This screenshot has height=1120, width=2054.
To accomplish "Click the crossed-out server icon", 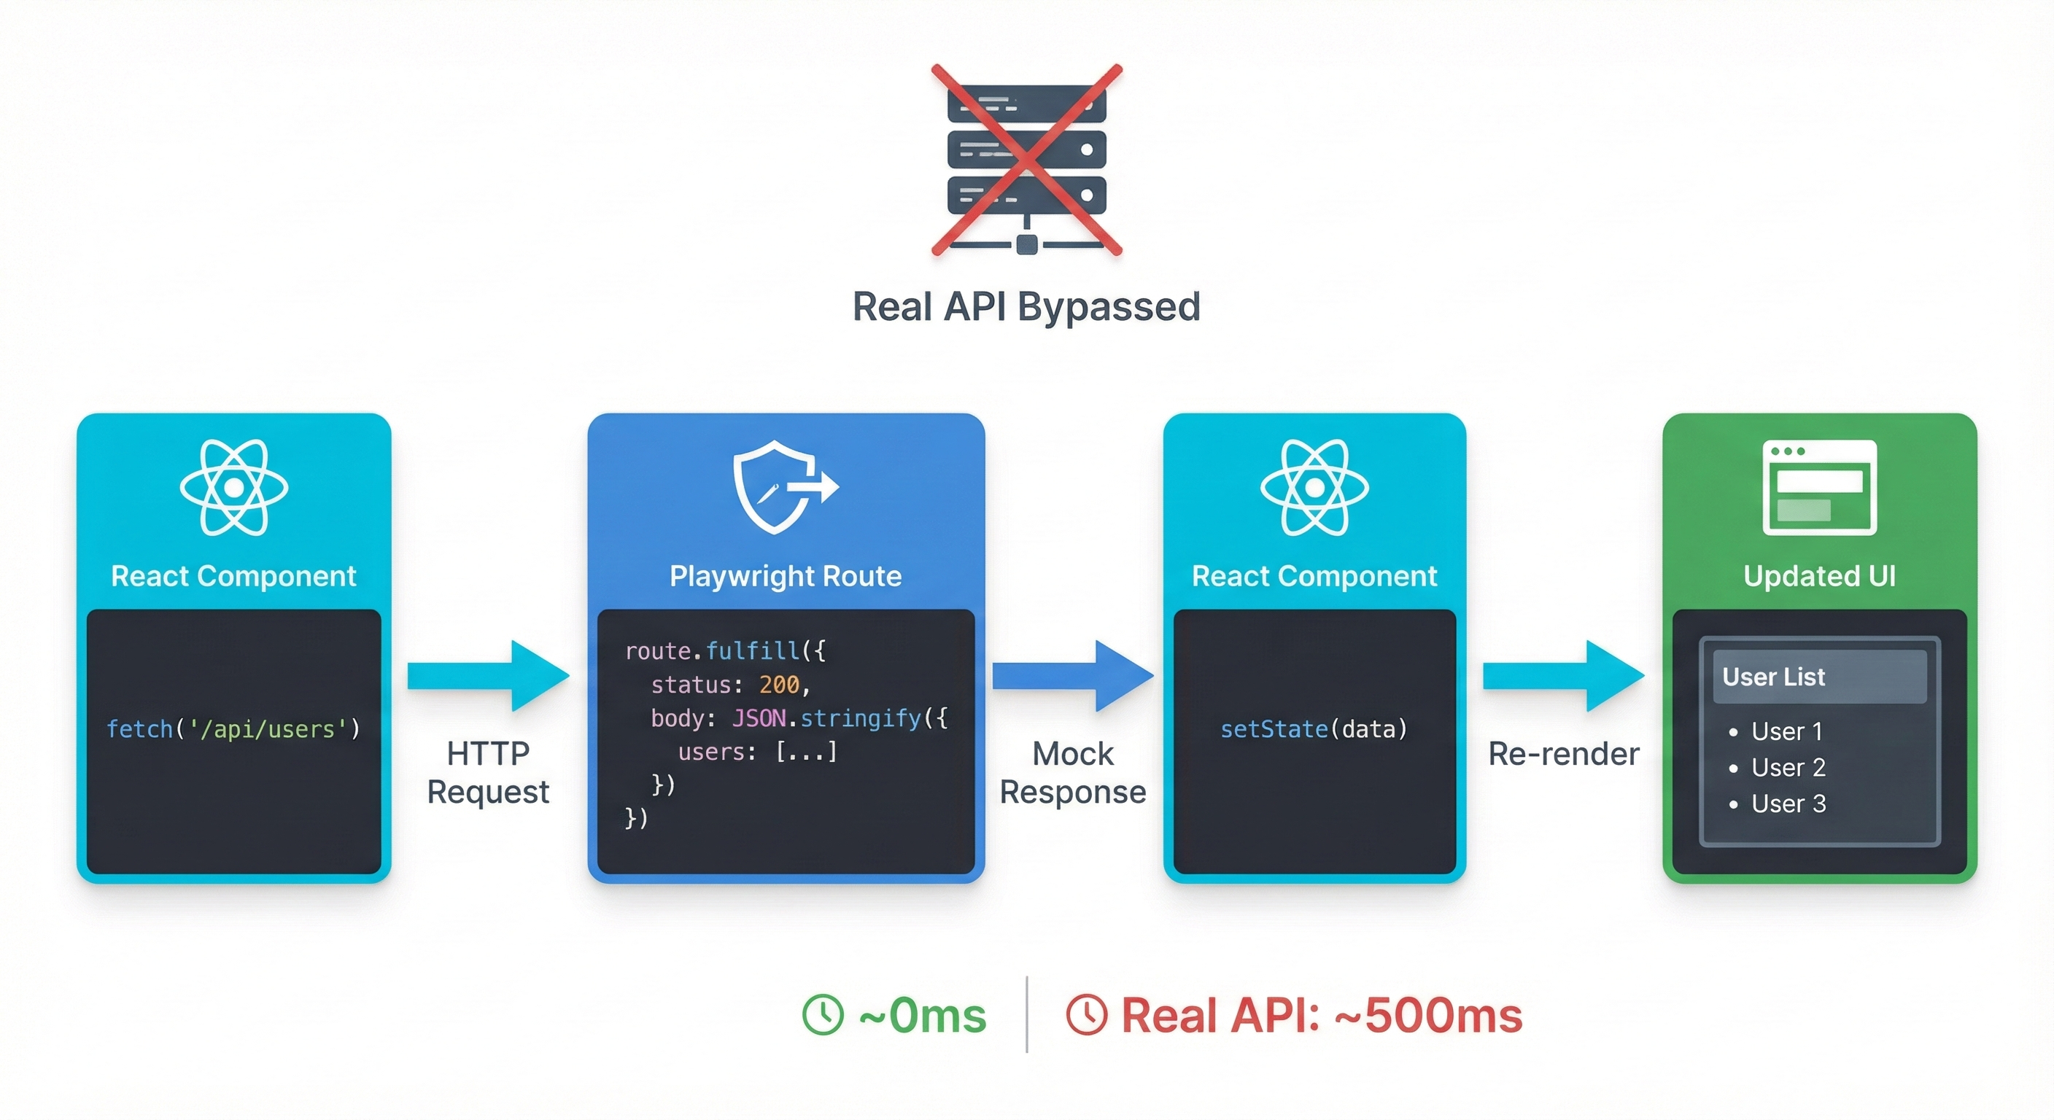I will (1026, 160).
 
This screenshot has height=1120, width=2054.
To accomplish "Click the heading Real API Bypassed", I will (1026, 307).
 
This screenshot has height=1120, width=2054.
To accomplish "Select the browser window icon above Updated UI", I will (1819, 486).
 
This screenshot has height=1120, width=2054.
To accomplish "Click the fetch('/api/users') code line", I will (233, 728).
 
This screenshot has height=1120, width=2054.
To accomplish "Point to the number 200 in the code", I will (778, 685).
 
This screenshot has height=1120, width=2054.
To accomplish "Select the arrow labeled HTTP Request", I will (488, 676).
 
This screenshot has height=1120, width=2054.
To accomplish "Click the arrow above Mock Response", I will (1072, 676).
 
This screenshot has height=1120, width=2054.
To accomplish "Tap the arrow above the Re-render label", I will (1563, 676).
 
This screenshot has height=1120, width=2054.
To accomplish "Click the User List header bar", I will (1819, 677).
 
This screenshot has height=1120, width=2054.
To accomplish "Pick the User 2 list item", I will (1787, 768).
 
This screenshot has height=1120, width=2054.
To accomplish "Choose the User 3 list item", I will (1787, 804).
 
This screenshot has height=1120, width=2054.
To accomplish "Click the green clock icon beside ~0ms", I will (822, 1015).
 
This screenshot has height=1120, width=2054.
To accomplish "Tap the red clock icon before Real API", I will (1086, 1015).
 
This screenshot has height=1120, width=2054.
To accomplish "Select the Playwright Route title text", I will (786, 575).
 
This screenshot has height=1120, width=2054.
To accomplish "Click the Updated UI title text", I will (1819, 575).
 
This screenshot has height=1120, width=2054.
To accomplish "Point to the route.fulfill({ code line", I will (725, 651).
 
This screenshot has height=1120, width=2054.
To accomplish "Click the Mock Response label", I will (1072, 772).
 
